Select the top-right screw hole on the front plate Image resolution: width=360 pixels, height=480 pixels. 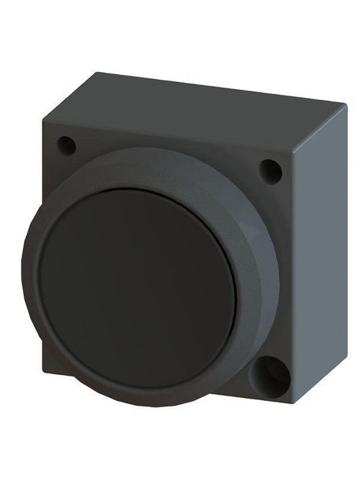270,171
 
